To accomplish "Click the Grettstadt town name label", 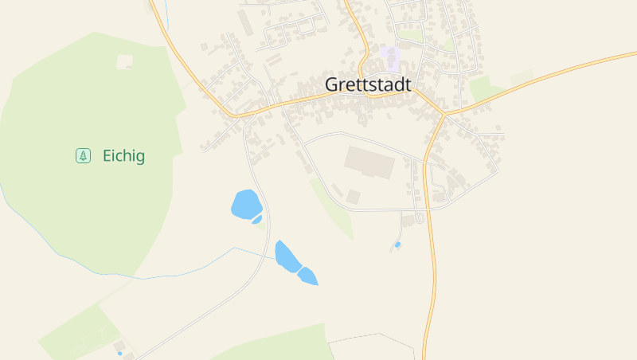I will (368, 84).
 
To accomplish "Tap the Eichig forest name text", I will (123, 156).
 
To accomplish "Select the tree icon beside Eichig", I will (83, 156).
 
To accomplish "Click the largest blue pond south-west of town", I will (245, 204).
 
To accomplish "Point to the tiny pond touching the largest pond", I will (256, 220).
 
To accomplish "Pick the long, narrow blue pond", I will (286, 255).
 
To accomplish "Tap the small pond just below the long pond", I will (308, 276).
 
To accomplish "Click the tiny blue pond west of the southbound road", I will (397, 245).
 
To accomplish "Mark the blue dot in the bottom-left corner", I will (120, 353).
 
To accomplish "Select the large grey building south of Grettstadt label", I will (369, 162).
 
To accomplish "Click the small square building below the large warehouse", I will (353, 196).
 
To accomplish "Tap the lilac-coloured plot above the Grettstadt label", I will (389, 57).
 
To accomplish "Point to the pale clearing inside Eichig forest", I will (125, 61).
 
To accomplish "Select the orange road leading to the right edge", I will (557, 74).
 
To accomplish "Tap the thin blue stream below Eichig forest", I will (159, 273).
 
